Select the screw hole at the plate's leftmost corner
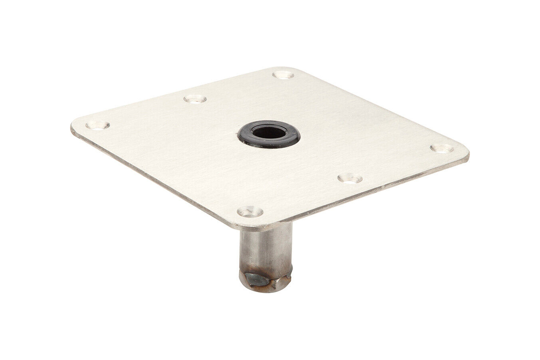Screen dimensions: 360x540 tap(98, 125)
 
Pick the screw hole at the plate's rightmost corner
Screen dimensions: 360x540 tap(442, 148)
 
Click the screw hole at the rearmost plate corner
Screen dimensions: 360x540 tap(283, 75)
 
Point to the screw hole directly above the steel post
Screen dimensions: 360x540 tap(250, 211)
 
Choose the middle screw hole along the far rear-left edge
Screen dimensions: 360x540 tap(195, 98)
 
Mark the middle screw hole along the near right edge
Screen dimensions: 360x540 tap(350, 178)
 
